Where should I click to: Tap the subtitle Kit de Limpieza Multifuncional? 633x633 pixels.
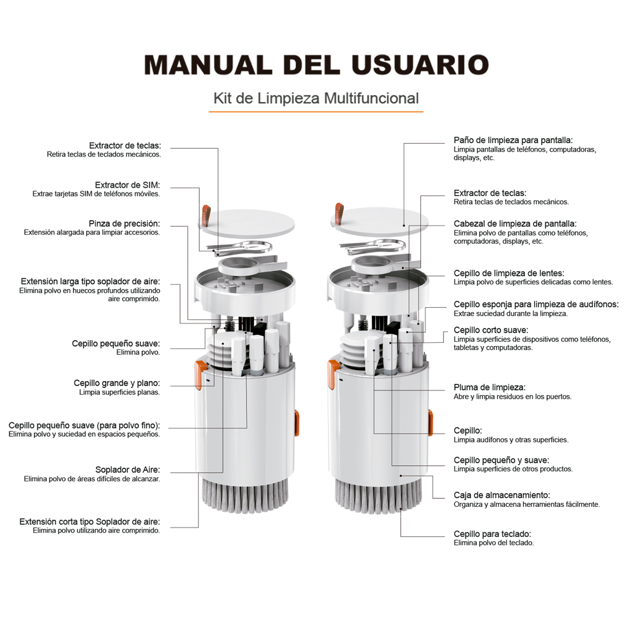tap(316, 98)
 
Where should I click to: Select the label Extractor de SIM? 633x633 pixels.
tap(127, 185)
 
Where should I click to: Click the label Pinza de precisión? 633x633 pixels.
tap(124, 223)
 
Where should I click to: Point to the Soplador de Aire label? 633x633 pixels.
tap(127, 469)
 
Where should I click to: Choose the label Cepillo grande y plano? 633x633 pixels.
tap(117, 383)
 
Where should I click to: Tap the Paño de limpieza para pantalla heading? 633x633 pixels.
tap(513, 140)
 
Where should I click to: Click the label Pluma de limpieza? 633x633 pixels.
tap(490, 387)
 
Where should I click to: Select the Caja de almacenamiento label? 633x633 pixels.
tap(502, 495)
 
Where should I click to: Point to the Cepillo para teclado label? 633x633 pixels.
tap(492, 534)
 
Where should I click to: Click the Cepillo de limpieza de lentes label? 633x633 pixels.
tap(509, 273)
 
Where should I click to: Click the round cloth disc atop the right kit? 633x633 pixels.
tap(379, 222)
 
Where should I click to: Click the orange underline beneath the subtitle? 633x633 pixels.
tap(316, 111)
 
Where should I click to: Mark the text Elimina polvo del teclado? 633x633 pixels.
tap(494, 543)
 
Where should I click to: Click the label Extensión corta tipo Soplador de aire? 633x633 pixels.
tap(90, 522)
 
